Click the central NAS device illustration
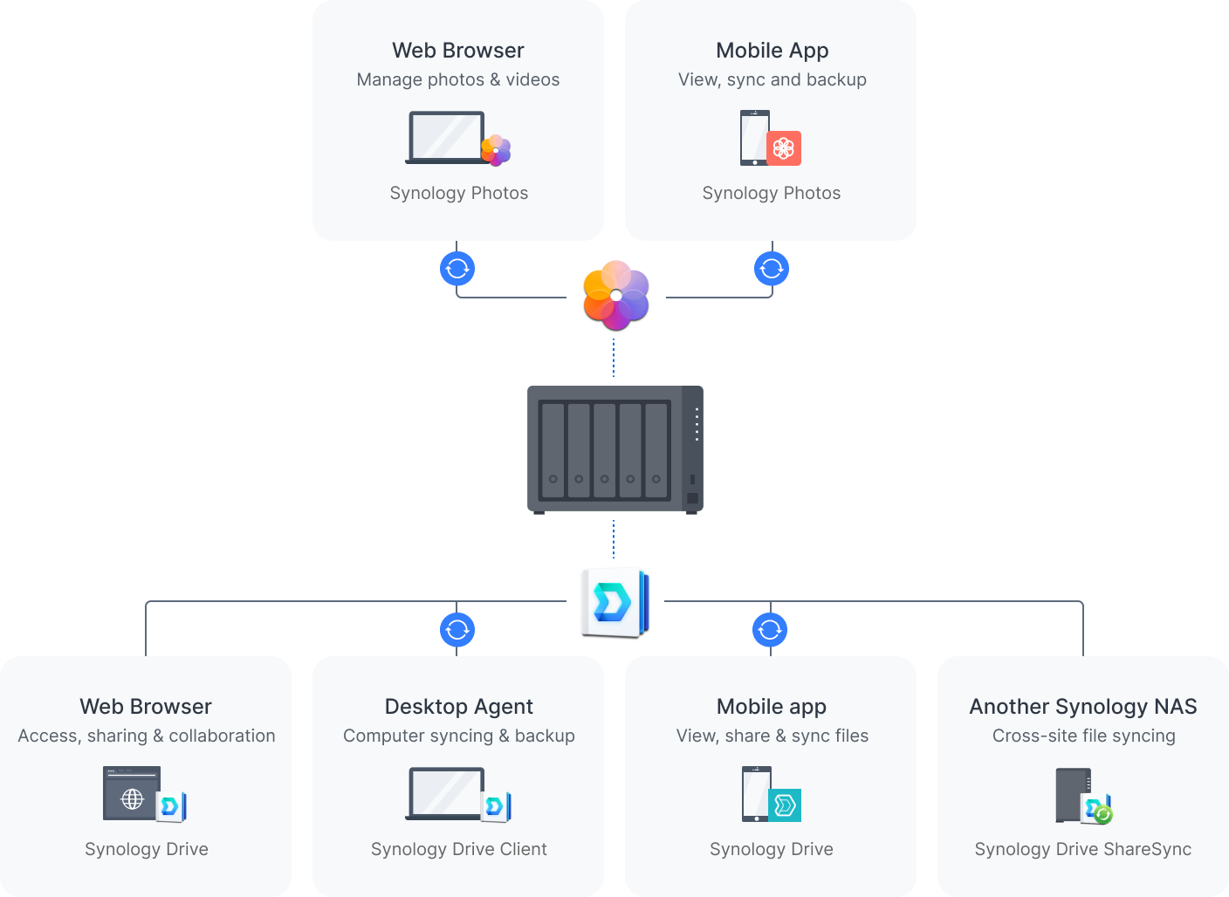(614, 449)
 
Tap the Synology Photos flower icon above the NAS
(616, 295)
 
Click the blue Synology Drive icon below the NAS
(614, 601)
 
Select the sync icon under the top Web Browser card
(457, 269)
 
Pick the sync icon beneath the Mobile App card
(772, 269)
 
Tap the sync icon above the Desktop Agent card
(457, 629)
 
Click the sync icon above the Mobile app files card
(770, 629)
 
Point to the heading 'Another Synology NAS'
(1082, 706)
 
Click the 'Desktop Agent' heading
(458, 706)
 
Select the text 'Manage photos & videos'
(458, 79)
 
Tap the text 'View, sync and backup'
(772, 79)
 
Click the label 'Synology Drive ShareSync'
(1082, 849)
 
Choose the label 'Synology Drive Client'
(458, 849)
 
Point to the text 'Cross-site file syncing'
(1083, 736)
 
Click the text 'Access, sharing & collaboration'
(147, 736)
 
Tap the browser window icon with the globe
(132, 793)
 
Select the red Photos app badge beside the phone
(784, 148)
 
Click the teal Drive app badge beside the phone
(785, 805)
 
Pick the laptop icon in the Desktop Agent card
(445, 793)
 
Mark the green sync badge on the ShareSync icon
(1104, 815)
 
